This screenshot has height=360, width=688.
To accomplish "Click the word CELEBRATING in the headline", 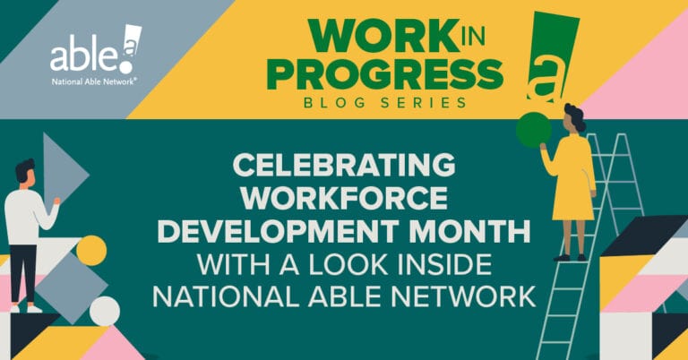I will (344, 167).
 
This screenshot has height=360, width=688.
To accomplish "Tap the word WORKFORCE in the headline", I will (344, 201).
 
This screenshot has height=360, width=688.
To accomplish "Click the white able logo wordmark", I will (86, 56).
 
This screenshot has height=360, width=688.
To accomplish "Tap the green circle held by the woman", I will (532, 132).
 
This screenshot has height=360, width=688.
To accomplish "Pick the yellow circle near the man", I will (91, 250).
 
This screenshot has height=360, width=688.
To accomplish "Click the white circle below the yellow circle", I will (104, 311).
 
